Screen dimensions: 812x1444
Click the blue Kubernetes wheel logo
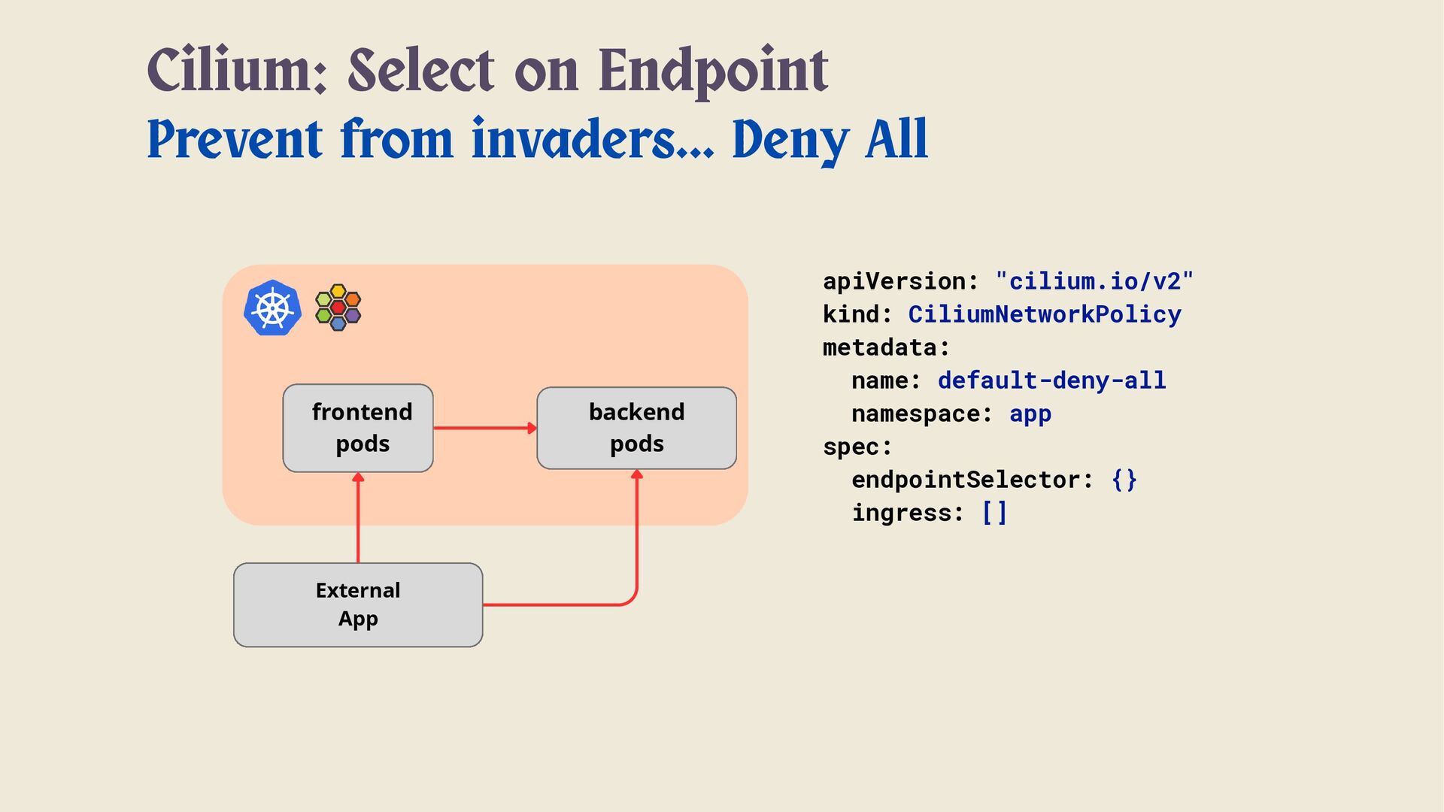[x=272, y=308]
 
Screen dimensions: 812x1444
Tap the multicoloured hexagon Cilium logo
[x=338, y=308]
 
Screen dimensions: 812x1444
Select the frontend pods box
[x=358, y=428]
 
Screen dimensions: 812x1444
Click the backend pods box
[x=636, y=428]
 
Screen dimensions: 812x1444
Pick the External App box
[x=358, y=604]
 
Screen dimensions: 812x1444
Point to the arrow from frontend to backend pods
[x=484, y=428]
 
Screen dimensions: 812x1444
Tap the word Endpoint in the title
[x=713, y=71]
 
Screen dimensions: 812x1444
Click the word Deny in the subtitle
[x=790, y=140]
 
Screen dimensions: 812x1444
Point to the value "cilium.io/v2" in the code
[x=1094, y=281]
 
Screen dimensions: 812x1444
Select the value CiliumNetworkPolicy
[x=1045, y=314]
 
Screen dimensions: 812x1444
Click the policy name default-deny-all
[x=1051, y=380]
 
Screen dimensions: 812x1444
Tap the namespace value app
[x=1030, y=414]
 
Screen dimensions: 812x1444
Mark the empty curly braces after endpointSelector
[x=1124, y=480]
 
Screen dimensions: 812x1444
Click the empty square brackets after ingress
[x=994, y=513]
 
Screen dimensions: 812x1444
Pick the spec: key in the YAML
[x=857, y=447]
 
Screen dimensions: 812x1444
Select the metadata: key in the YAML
[x=886, y=347]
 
